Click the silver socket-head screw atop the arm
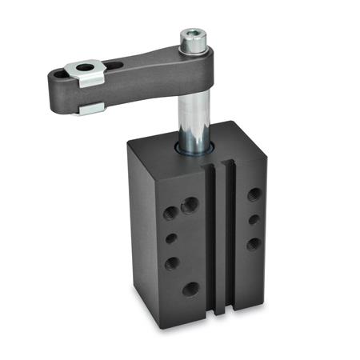pyautogui.click(x=193, y=41)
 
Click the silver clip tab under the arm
pyautogui.click(x=90, y=106)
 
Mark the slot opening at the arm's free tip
pyautogui.click(x=58, y=76)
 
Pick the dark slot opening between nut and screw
pyautogui.click(x=117, y=65)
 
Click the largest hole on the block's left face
pyautogui.click(x=190, y=206)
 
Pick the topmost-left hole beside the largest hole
pyautogui.click(x=170, y=213)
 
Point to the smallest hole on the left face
pyautogui.click(x=170, y=238)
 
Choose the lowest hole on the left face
pyautogui.click(x=190, y=289)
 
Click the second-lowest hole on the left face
pyautogui.click(x=171, y=262)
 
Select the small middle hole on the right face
pyautogui.click(x=254, y=219)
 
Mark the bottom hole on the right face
pyautogui.click(x=254, y=243)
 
